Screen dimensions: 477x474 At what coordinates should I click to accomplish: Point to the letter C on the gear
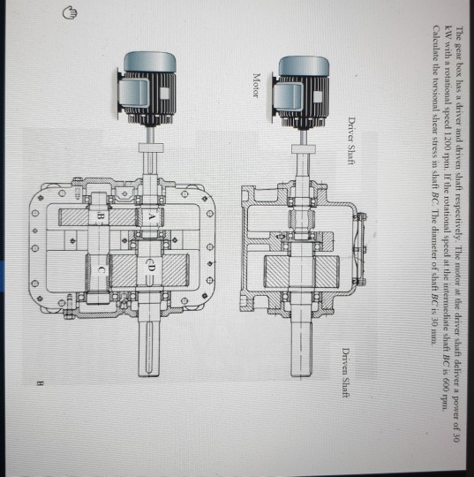[x=101, y=269]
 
